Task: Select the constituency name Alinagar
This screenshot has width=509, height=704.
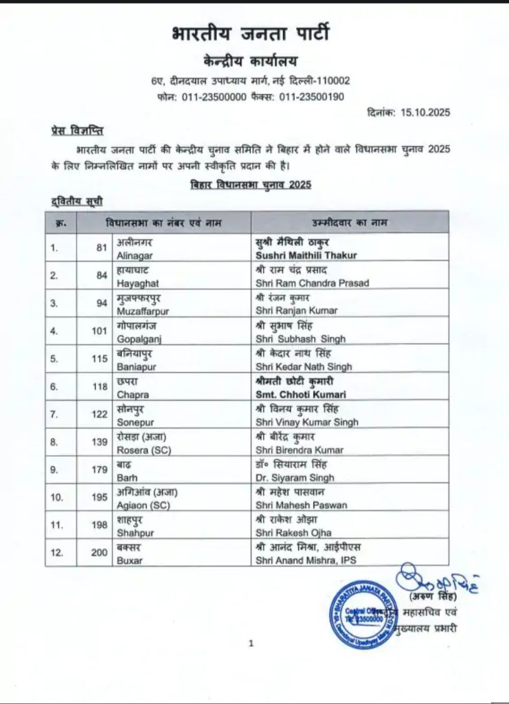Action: (x=133, y=255)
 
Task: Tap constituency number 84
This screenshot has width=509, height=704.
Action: (x=102, y=277)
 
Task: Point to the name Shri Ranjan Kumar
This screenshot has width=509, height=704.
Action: (x=295, y=311)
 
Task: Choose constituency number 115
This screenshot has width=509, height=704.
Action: (x=100, y=361)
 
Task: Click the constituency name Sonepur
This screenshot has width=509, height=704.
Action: (x=133, y=422)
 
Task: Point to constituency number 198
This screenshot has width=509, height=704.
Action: (x=100, y=526)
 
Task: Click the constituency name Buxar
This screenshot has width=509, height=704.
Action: (x=128, y=561)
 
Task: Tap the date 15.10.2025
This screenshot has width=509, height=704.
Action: (x=424, y=113)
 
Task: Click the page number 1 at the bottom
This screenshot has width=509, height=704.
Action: (x=251, y=643)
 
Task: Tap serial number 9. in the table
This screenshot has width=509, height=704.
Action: (x=56, y=471)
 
